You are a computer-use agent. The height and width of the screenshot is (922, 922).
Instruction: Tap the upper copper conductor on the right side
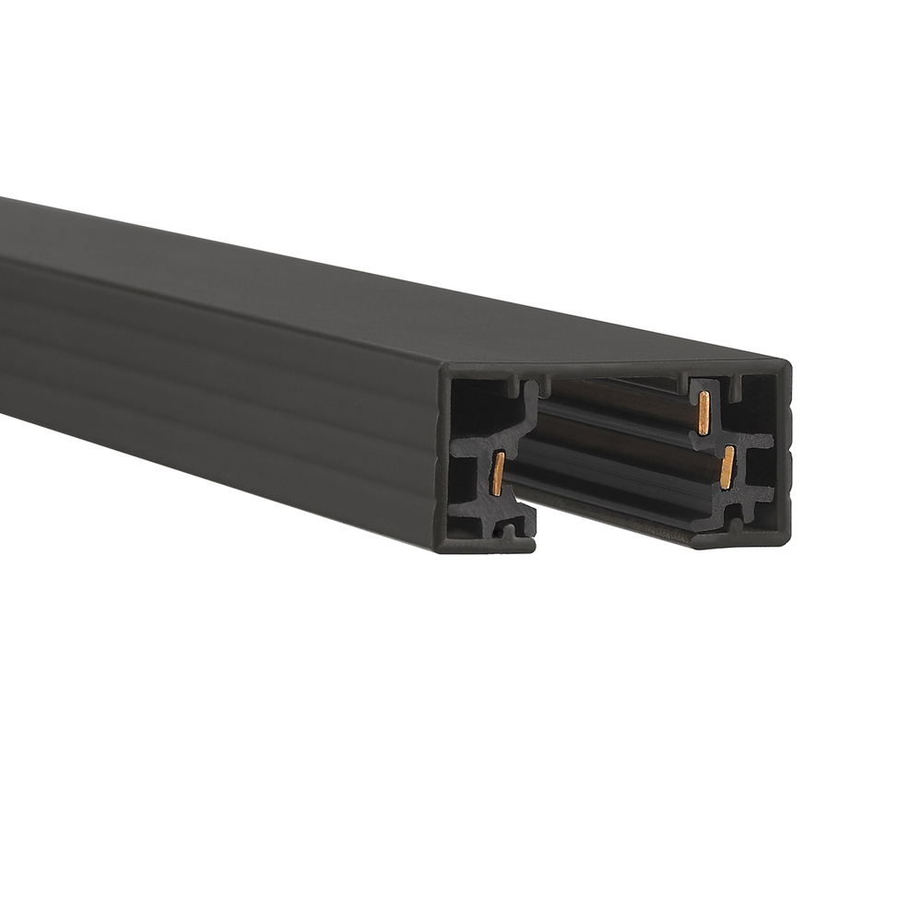pos(703,412)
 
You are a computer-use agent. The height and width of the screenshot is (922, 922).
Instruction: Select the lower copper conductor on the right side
pos(727,467)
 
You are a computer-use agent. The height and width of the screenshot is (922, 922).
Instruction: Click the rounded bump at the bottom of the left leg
pos(508,530)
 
